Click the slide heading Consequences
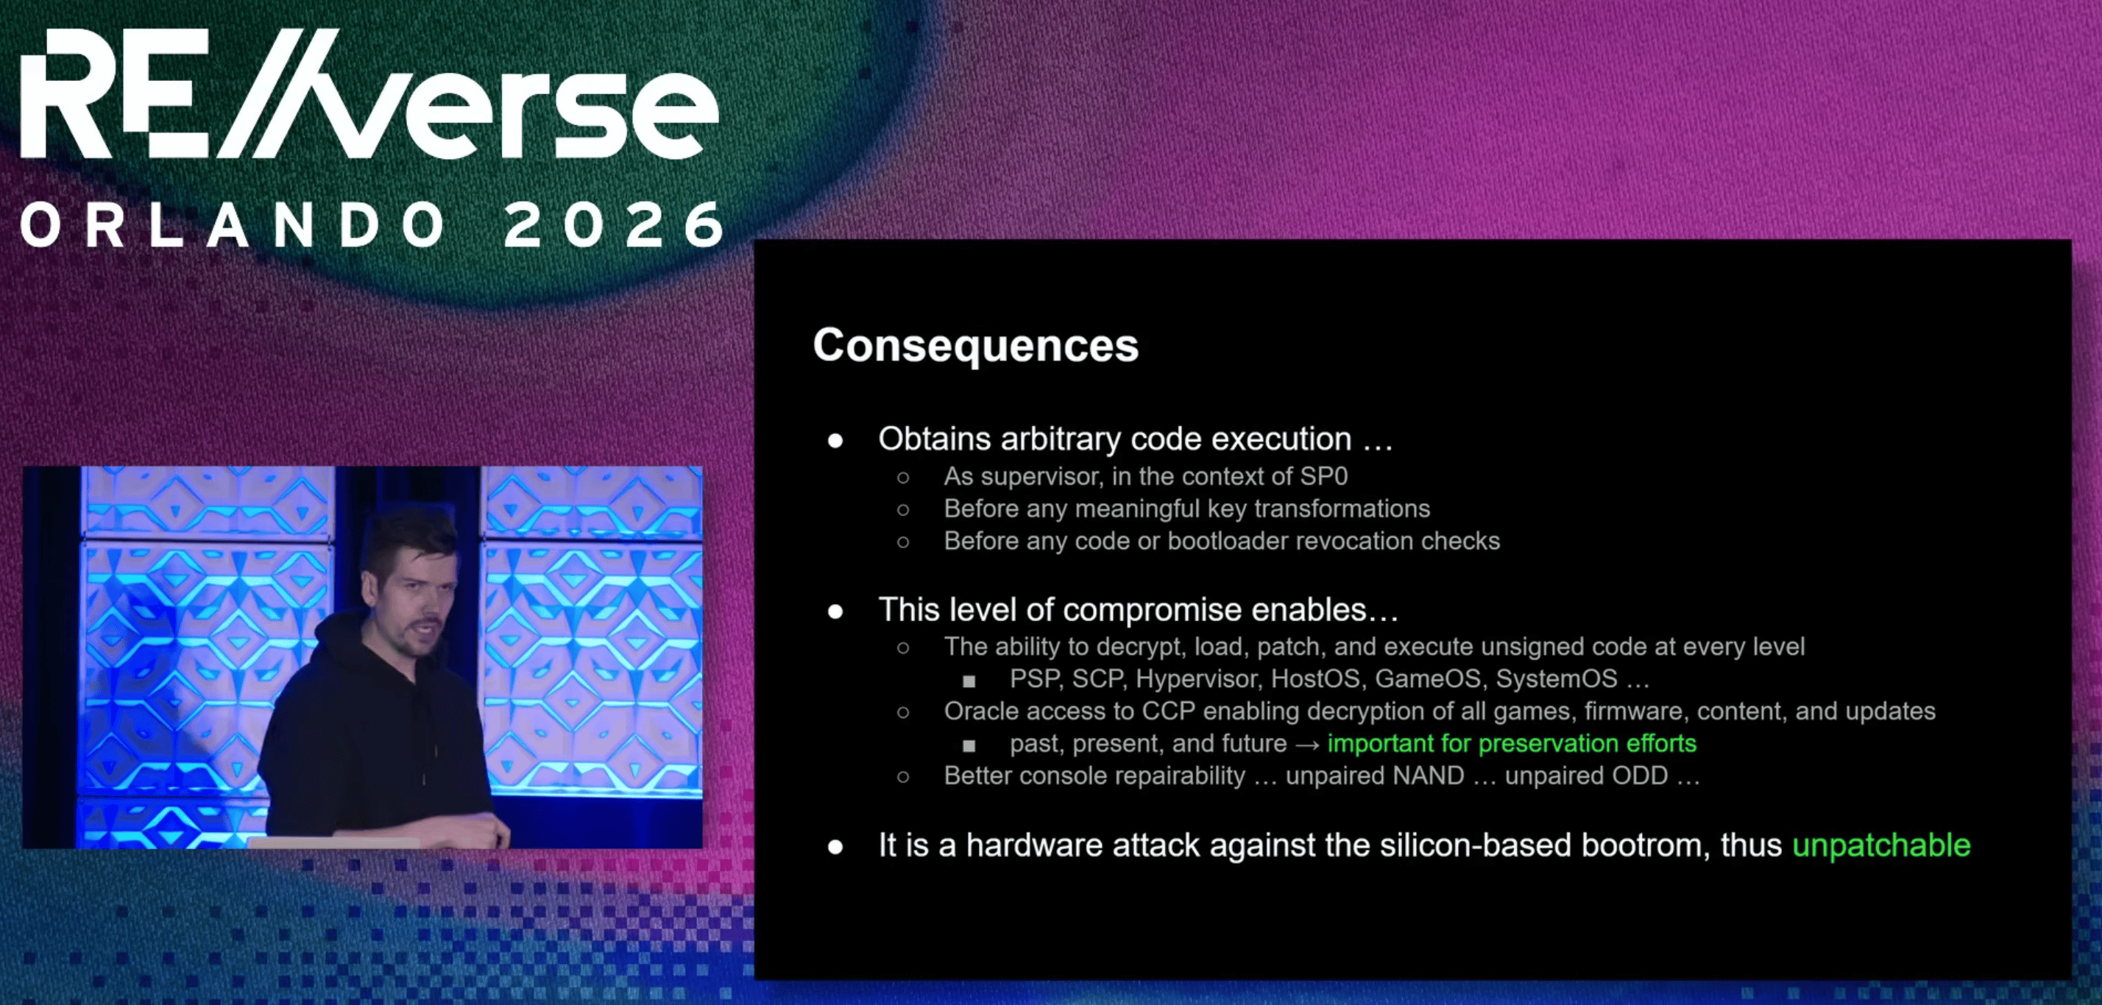975,346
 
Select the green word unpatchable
1881,846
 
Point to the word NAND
1429,775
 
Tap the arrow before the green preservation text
1307,745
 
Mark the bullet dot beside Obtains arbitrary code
835,441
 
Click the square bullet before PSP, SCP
969,681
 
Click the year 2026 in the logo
615,224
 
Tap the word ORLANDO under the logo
233,224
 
